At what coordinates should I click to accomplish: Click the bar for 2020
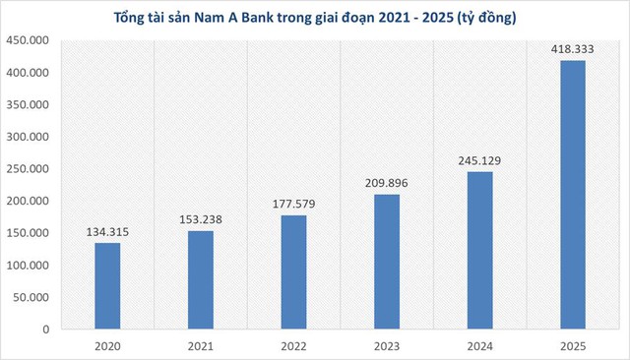tap(107, 285)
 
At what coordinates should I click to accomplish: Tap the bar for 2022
tap(293, 271)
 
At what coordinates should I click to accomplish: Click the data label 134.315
tap(107, 232)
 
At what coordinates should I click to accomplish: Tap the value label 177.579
tap(293, 205)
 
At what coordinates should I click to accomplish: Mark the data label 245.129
tap(479, 161)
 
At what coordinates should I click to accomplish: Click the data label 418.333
tap(573, 49)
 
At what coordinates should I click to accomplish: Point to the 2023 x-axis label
tap(387, 346)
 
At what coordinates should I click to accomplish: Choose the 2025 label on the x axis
tap(573, 346)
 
